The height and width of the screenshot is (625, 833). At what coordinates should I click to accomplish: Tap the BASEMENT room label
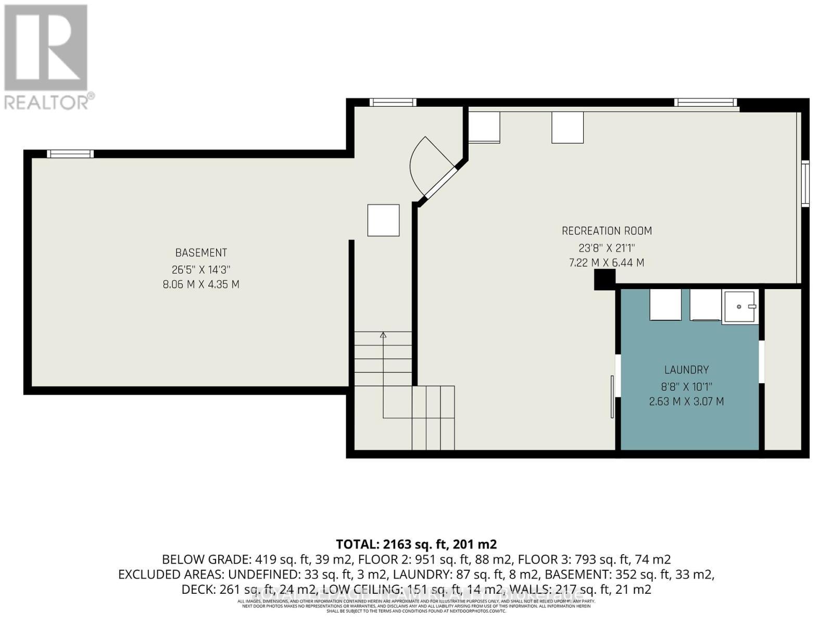201,253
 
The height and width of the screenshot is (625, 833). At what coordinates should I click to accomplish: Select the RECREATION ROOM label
607,231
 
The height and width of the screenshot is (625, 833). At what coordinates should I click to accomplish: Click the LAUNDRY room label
686,370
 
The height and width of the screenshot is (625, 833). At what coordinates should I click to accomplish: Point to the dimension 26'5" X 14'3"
201,270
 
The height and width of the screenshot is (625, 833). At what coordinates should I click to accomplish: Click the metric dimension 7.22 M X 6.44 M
607,263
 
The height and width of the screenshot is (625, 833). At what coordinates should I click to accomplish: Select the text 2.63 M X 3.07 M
686,402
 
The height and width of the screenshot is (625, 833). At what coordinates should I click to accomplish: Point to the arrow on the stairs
383,335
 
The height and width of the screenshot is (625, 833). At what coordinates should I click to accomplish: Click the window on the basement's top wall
70,154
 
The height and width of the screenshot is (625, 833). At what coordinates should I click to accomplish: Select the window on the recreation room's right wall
805,183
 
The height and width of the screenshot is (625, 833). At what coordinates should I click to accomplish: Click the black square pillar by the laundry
604,280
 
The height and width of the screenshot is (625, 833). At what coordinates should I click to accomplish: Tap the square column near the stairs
384,220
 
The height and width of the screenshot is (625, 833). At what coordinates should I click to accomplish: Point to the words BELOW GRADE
206,559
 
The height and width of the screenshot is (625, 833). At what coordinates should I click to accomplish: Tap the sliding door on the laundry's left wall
612,396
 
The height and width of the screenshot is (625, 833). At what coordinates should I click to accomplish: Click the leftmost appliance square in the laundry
665,305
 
